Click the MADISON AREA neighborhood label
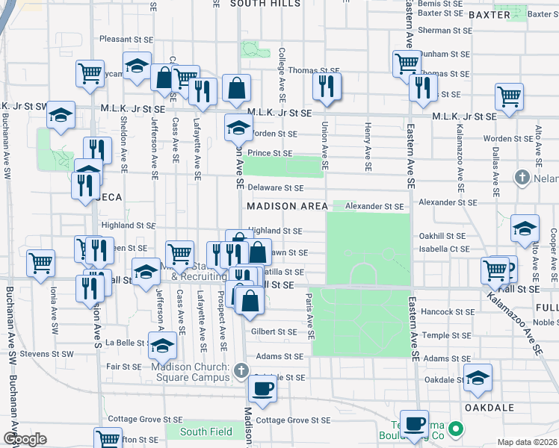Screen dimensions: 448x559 click(x=283, y=206)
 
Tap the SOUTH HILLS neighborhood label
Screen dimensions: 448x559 click(x=265, y=4)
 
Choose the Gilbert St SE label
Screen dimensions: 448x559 click(x=275, y=331)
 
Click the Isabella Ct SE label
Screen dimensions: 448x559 click(x=444, y=248)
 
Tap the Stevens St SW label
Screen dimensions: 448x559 click(x=46, y=353)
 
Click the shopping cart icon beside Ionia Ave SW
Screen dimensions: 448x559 click(x=40, y=262)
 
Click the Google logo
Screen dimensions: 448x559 click(x=25, y=439)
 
